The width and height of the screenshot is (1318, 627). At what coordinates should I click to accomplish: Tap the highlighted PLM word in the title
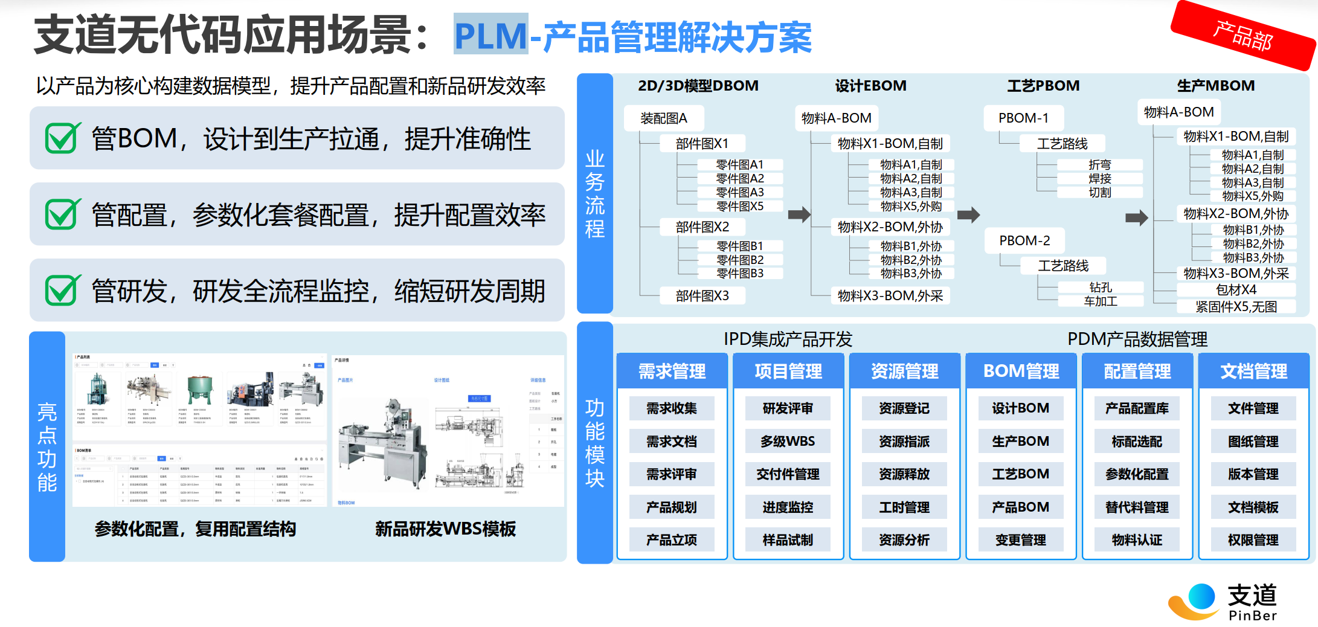(x=490, y=35)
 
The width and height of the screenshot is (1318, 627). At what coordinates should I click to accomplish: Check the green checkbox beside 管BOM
(x=62, y=138)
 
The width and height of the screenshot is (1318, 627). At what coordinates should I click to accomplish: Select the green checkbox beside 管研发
(x=62, y=290)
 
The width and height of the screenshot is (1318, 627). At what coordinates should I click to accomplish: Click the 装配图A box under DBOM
(x=663, y=118)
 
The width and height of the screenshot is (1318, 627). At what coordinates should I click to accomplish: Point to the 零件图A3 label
(x=739, y=192)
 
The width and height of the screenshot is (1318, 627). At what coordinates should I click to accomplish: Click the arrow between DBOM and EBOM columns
(x=799, y=214)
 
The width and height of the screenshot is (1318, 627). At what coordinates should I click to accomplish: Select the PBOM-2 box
(x=1024, y=240)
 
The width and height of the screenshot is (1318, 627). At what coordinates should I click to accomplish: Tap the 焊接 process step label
(x=1099, y=178)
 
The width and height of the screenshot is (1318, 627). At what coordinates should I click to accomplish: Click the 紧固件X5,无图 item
(x=1236, y=307)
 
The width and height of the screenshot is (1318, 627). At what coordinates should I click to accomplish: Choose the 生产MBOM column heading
(x=1215, y=86)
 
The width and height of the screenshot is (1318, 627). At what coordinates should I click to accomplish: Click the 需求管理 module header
(x=672, y=371)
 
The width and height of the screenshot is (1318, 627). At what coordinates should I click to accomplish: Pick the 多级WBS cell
(x=788, y=442)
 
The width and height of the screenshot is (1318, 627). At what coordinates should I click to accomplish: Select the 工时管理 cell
(x=904, y=507)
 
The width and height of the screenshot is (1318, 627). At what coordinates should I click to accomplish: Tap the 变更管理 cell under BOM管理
(x=1021, y=540)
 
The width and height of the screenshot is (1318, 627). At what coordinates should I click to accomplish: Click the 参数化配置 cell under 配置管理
(x=1137, y=474)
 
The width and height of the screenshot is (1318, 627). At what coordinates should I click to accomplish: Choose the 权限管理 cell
(x=1253, y=540)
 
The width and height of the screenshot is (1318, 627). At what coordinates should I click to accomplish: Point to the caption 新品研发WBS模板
(x=445, y=529)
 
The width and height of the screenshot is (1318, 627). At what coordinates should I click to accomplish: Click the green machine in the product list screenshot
(x=200, y=388)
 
